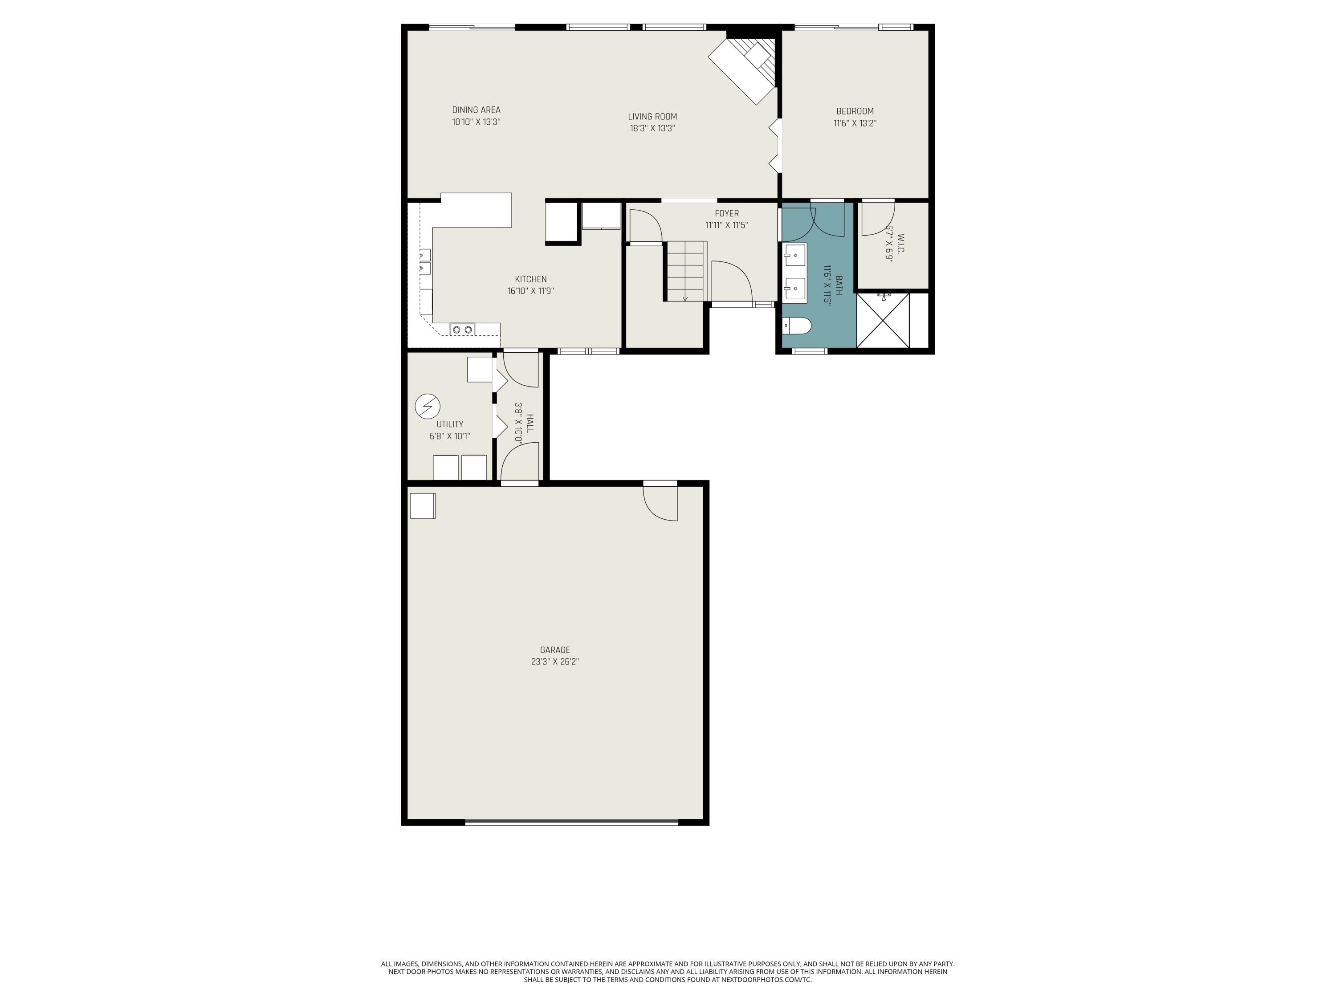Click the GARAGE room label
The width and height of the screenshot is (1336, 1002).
coord(554,650)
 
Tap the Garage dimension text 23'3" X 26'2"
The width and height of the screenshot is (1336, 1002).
coord(554,662)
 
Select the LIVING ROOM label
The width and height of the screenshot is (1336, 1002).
coord(652,117)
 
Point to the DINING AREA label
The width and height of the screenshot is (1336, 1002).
coord(476,110)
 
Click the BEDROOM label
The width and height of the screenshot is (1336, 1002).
coord(855,111)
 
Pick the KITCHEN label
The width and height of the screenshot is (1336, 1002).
coord(530,279)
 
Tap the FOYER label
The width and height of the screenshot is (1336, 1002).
coord(727,213)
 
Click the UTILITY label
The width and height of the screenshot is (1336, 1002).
coord(449,424)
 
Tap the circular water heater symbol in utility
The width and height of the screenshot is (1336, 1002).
coord(428,407)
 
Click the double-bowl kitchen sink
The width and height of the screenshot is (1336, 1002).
coord(463,329)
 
